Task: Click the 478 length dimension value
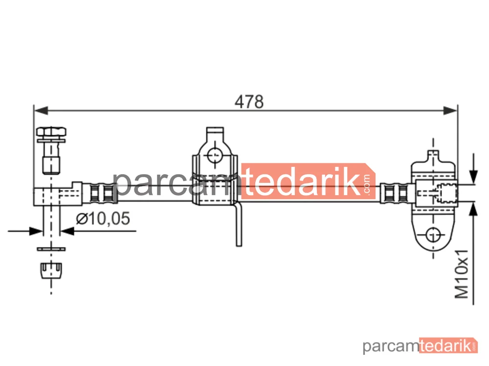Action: pos(249,102)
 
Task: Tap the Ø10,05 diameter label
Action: pos(103,218)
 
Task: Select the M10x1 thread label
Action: pos(462,274)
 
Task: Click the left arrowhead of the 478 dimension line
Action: pos(41,110)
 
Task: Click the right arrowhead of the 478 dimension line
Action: pos(450,110)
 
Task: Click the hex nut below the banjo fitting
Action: pos(51,270)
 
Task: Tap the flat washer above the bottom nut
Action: pos(51,249)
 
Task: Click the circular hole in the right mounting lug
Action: pos(433,235)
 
